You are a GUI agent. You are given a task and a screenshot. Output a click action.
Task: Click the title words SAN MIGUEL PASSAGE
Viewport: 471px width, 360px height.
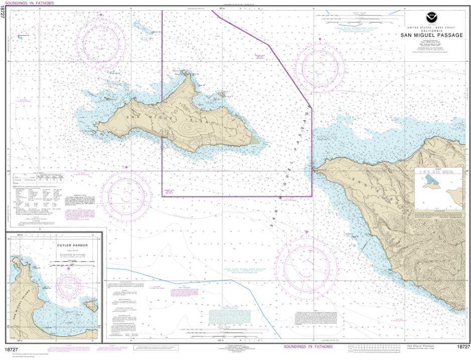coord(431,35)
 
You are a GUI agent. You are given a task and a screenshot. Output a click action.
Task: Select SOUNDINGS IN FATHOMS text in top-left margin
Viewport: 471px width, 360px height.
coord(31,3)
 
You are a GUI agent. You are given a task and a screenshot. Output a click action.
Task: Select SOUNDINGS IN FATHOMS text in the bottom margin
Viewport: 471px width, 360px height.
coord(307,346)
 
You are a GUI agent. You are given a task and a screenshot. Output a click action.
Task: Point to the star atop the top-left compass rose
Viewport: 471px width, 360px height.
coord(102,15)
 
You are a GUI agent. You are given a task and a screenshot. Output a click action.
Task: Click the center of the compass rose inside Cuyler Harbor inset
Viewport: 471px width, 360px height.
coord(69,287)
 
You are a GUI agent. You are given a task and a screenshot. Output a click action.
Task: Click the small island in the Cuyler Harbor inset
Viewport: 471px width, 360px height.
coord(91,304)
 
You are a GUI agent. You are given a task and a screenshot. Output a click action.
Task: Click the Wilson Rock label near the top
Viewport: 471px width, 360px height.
coord(157,33)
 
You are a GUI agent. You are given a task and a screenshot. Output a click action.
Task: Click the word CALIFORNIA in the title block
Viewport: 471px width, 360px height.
coord(431,30)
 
